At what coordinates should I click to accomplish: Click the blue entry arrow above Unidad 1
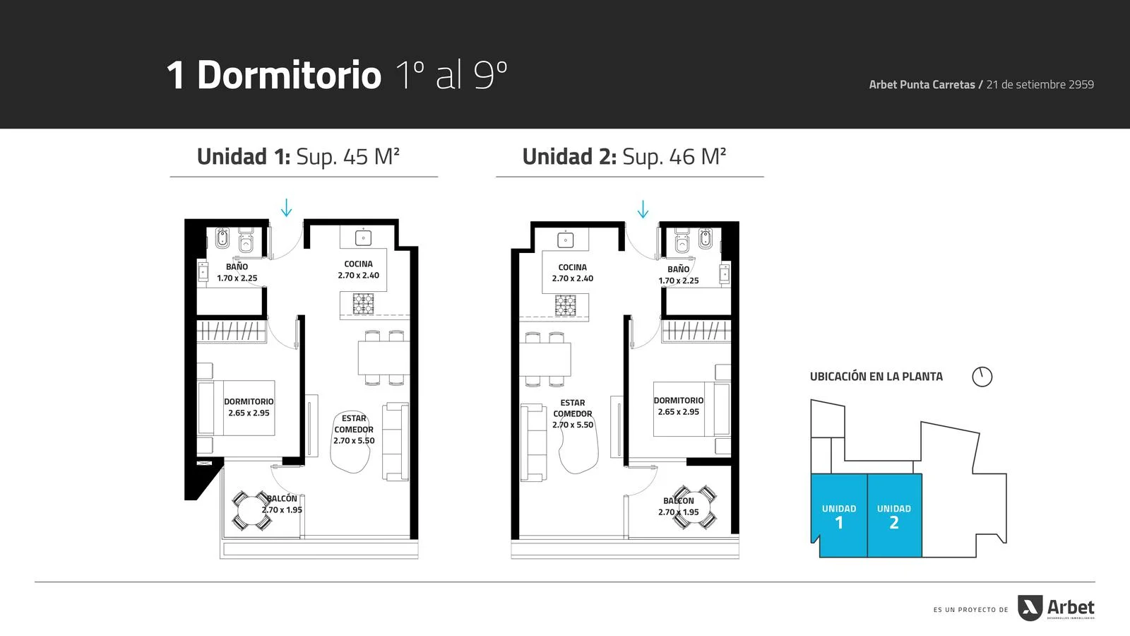pyautogui.click(x=287, y=208)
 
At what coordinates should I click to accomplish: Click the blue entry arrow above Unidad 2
pyautogui.click(x=643, y=209)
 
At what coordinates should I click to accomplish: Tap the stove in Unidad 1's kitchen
pyautogui.click(x=363, y=304)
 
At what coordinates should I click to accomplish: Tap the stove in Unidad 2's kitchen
pyautogui.click(x=566, y=305)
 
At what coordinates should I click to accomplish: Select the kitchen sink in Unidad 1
pyautogui.click(x=363, y=237)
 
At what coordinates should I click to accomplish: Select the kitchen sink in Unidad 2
pyautogui.click(x=566, y=240)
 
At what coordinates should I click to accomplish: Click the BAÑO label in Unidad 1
pyautogui.click(x=237, y=266)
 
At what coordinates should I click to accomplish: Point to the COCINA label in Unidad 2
pyautogui.click(x=573, y=267)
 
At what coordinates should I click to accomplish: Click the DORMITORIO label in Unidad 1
pyautogui.click(x=249, y=401)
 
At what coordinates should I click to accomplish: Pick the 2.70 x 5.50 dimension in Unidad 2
pyautogui.click(x=573, y=425)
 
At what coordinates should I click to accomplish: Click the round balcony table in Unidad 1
pyautogui.click(x=251, y=510)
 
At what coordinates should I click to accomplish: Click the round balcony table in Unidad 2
pyautogui.click(x=695, y=507)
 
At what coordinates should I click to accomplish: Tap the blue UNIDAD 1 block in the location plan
pyautogui.click(x=839, y=515)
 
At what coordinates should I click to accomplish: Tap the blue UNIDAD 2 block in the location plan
pyautogui.click(x=894, y=515)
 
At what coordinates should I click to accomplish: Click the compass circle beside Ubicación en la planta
pyautogui.click(x=982, y=377)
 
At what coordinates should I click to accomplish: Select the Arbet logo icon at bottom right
pyautogui.click(x=1030, y=608)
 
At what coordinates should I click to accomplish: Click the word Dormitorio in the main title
pyautogui.click(x=289, y=75)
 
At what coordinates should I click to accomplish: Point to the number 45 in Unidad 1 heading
pyautogui.click(x=356, y=156)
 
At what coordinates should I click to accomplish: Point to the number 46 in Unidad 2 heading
pyautogui.click(x=682, y=156)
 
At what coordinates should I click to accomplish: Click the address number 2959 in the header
pyautogui.click(x=1081, y=84)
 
